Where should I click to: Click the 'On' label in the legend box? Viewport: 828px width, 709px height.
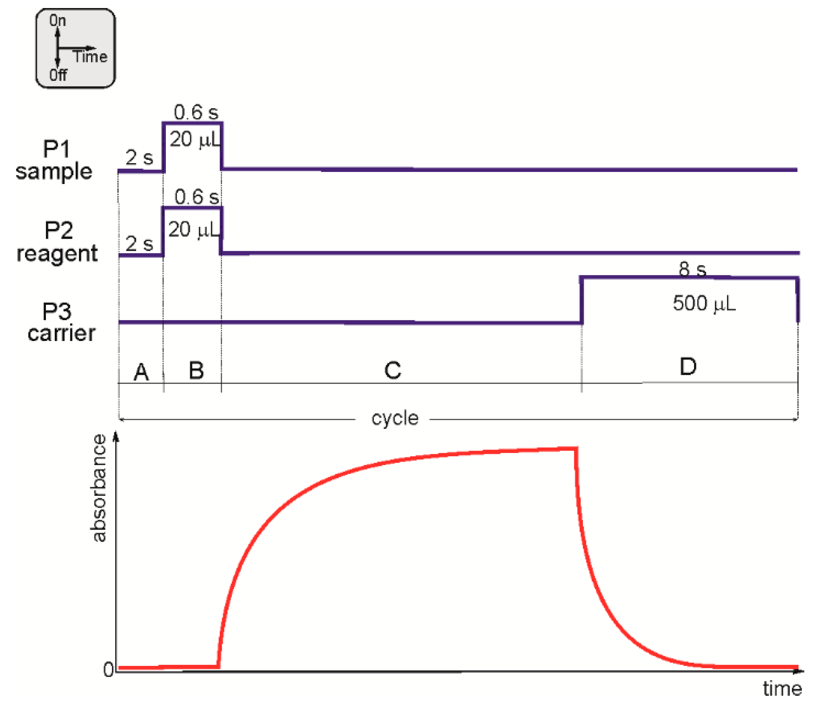click(x=58, y=21)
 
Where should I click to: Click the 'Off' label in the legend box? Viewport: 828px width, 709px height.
click(x=58, y=75)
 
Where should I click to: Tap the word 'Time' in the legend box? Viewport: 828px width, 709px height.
click(x=90, y=57)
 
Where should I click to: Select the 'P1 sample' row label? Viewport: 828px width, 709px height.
click(x=55, y=160)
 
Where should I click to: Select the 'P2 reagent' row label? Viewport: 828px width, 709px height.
click(x=58, y=242)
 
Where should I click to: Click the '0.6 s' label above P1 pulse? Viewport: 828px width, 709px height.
click(x=196, y=112)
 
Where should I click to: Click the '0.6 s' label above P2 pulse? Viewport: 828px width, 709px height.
click(x=197, y=197)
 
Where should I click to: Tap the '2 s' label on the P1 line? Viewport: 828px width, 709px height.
click(x=139, y=157)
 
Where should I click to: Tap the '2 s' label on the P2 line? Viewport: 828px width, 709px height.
click(x=139, y=244)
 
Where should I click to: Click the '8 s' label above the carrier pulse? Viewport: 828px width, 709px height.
click(x=692, y=269)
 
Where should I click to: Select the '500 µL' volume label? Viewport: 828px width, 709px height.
click(x=704, y=303)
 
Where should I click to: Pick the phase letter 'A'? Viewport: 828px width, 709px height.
click(x=141, y=372)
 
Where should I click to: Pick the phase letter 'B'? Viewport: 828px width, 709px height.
click(x=196, y=370)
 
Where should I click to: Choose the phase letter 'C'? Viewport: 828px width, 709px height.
click(x=393, y=370)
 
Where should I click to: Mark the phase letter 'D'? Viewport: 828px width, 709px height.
click(x=688, y=367)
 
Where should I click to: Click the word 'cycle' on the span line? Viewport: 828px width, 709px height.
click(x=395, y=418)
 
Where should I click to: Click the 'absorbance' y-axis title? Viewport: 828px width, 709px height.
click(x=99, y=488)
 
